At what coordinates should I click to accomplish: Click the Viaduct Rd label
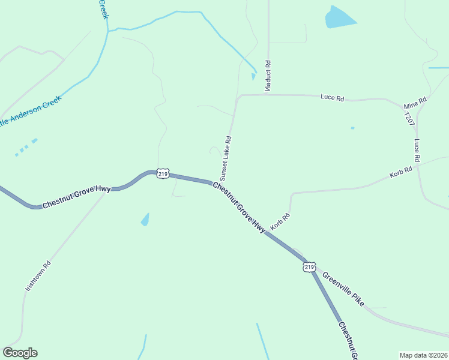point(268,76)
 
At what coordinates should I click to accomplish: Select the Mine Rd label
point(415,103)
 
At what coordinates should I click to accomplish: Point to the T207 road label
point(409,118)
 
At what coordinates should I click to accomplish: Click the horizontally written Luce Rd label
point(332,97)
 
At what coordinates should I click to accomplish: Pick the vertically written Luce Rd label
point(416,151)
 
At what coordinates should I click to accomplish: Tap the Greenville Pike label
point(343,290)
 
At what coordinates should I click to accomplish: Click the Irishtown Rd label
point(38,275)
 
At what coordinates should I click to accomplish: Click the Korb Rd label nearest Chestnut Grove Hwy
point(280,222)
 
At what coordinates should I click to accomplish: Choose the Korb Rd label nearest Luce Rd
point(400,172)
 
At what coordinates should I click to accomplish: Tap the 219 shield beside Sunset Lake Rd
point(163,173)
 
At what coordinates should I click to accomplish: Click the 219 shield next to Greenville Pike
point(309,266)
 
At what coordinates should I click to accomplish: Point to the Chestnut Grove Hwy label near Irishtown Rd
point(76,197)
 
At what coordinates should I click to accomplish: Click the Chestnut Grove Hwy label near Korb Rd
point(239,208)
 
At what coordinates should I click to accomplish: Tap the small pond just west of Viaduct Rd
point(253,76)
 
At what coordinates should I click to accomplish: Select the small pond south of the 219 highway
point(145,220)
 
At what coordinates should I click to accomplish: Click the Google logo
point(20,353)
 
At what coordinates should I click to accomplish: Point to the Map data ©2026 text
point(424,355)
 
